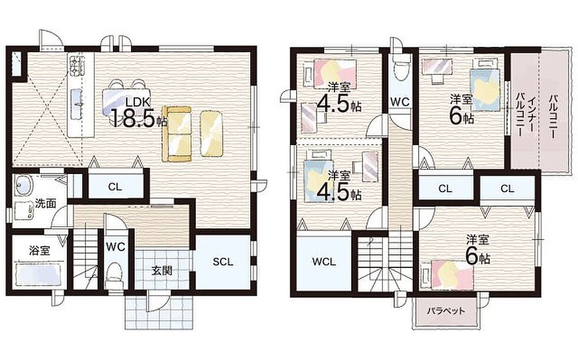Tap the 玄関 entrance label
click(x=162, y=270)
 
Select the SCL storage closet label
click(x=223, y=262)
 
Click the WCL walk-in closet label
click(x=324, y=262)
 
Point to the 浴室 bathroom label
click(x=40, y=251)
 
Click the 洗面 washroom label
click(x=45, y=203)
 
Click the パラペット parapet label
click(x=446, y=311)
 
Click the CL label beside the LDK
click(x=114, y=187)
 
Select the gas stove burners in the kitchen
click(x=75, y=66)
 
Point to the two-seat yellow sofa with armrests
click(x=176, y=134)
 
